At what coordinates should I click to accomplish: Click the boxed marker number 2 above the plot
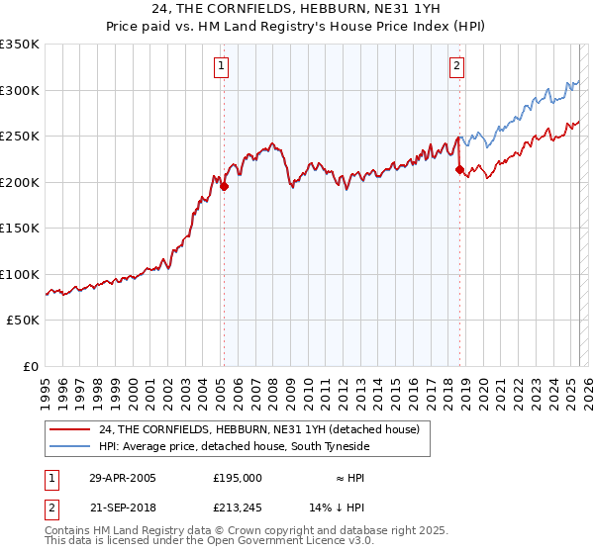tap(456, 67)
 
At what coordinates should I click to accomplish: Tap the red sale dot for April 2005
tap(225, 185)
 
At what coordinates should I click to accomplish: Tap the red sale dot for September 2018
tap(459, 170)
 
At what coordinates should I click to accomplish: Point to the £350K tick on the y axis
tap(20, 45)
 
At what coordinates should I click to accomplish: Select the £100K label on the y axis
tap(20, 274)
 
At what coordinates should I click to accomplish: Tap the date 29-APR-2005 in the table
tap(122, 477)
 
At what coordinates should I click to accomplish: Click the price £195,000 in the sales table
tap(238, 477)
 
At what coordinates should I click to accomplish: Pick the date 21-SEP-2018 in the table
tap(122, 508)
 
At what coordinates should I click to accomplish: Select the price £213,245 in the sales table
tap(238, 508)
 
